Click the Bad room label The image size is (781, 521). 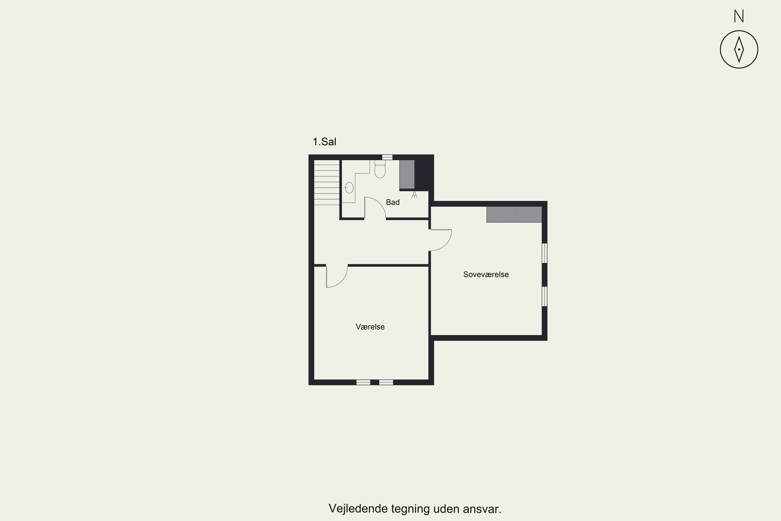(x=393, y=202)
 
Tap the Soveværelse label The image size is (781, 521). (x=486, y=275)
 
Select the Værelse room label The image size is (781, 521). (x=370, y=327)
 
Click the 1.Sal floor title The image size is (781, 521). (x=324, y=142)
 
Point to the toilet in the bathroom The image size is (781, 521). (x=380, y=169)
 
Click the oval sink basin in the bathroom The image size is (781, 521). (x=349, y=188)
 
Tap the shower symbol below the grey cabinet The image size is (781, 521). (x=414, y=195)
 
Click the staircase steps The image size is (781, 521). (x=327, y=182)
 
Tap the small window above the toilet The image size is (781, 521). (x=387, y=157)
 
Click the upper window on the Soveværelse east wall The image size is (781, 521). (x=545, y=253)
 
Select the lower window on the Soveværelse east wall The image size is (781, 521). (x=545, y=296)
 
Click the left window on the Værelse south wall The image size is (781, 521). (x=363, y=382)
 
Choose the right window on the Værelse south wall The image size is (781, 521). (x=386, y=382)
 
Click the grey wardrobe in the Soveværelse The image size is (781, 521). (x=514, y=214)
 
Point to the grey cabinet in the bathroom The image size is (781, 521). (x=407, y=175)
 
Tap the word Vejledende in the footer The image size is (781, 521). (x=358, y=509)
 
